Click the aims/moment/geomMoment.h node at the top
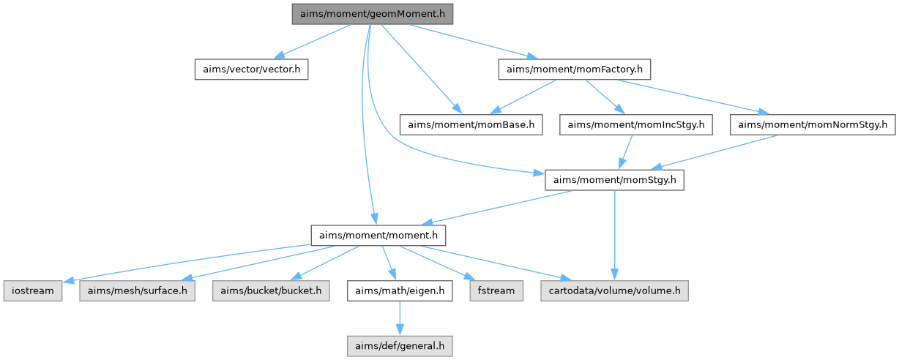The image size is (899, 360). (372, 14)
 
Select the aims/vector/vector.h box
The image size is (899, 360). (251, 70)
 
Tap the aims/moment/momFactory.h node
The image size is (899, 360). (575, 70)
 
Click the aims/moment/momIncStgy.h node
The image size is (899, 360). (635, 125)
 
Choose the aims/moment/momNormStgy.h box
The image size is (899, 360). (812, 125)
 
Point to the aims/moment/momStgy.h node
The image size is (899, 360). (613, 180)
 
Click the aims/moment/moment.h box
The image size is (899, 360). (378, 236)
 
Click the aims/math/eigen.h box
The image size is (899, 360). (400, 291)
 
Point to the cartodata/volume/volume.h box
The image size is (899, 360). (614, 291)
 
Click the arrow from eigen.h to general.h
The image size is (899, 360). (400, 318)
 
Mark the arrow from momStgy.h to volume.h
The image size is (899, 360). (614, 234)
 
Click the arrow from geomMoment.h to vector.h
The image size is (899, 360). (311, 42)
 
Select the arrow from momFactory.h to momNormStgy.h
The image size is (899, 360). (695, 98)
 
